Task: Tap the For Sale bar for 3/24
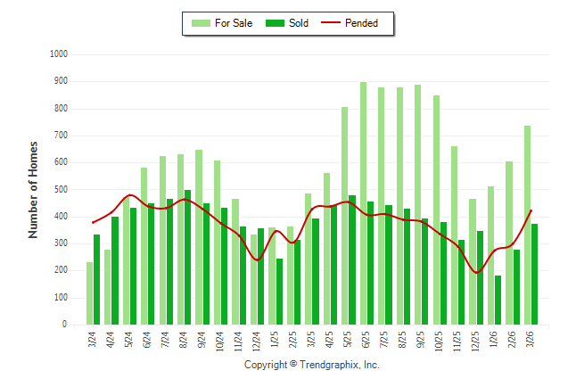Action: (89, 293)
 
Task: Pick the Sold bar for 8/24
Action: (187, 258)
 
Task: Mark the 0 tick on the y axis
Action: (65, 325)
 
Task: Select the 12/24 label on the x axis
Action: (257, 343)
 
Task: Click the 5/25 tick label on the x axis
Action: (348, 343)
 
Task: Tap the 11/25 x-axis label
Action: (457, 343)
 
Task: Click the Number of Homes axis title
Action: (34, 189)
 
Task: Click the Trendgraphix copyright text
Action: (312, 365)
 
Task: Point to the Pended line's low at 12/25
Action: (478, 273)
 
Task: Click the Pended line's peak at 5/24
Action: (130, 194)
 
